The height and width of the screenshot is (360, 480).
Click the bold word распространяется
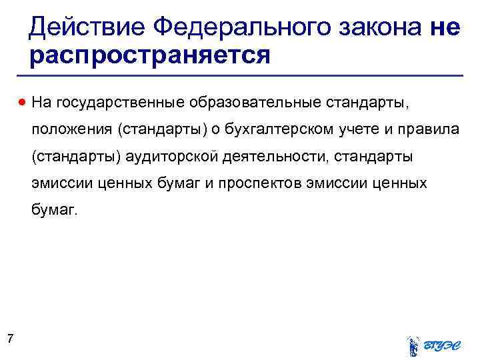click(x=150, y=55)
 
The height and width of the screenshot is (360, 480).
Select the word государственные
click(x=121, y=103)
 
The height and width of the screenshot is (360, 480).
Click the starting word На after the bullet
click(x=41, y=103)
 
